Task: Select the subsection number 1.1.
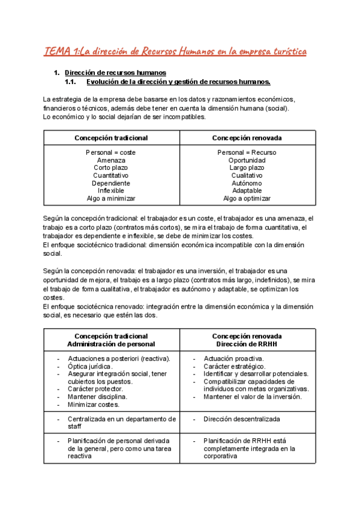(71, 82)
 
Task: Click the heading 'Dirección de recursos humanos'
(111, 73)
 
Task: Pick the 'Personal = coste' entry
(111, 152)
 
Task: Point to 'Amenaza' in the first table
(111, 160)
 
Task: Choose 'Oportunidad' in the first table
(247, 160)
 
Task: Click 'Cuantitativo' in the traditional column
(111, 175)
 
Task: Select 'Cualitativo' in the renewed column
(247, 175)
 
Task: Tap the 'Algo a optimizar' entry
(247, 198)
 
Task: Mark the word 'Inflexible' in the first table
(111, 190)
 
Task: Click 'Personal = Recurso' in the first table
(247, 152)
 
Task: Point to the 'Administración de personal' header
(111, 344)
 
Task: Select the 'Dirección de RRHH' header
(247, 344)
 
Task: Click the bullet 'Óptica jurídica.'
(90, 366)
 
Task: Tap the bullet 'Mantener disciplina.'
(97, 396)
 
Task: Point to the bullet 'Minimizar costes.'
(93, 404)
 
